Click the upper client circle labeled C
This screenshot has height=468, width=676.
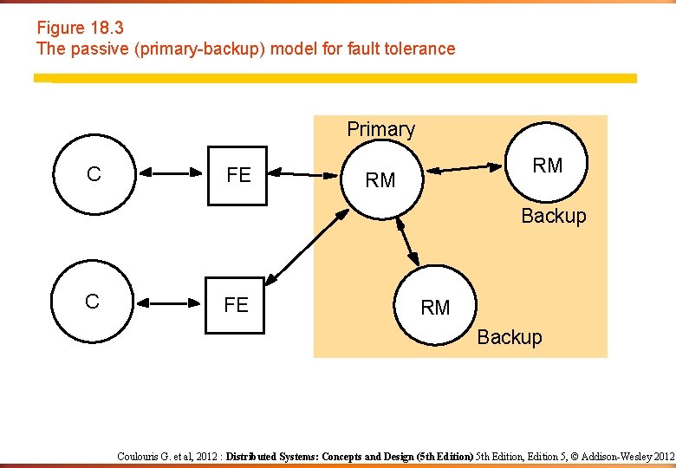(94, 173)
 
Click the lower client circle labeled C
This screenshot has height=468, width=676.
(92, 302)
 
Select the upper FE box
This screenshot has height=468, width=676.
(238, 174)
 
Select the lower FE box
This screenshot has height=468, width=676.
(237, 304)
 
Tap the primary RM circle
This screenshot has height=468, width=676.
(380, 179)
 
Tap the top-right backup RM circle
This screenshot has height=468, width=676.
(547, 165)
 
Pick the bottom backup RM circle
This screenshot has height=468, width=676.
(435, 307)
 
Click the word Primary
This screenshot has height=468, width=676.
(380, 129)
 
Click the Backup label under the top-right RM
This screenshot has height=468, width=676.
(553, 216)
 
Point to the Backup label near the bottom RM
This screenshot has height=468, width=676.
(509, 337)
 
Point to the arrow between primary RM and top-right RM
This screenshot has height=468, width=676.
(470, 167)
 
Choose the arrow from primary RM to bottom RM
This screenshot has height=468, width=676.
(406, 239)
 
